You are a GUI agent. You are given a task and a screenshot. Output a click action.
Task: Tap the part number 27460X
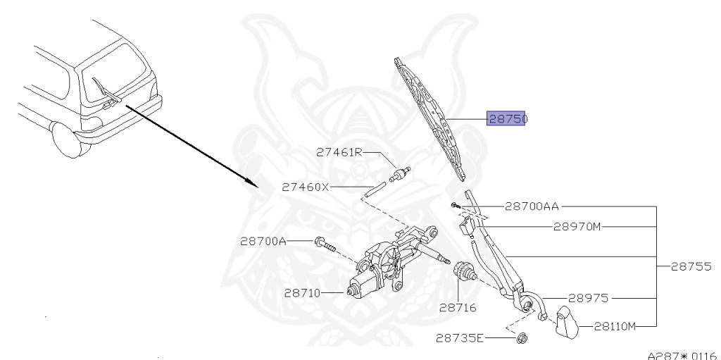306,187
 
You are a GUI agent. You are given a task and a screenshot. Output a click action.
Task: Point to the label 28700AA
532,207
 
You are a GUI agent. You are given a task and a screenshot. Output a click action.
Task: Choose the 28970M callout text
577,227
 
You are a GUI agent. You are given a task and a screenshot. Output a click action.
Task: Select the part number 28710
303,292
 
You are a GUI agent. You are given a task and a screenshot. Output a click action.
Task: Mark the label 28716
458,307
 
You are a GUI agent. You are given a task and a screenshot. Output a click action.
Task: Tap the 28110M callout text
615,326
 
